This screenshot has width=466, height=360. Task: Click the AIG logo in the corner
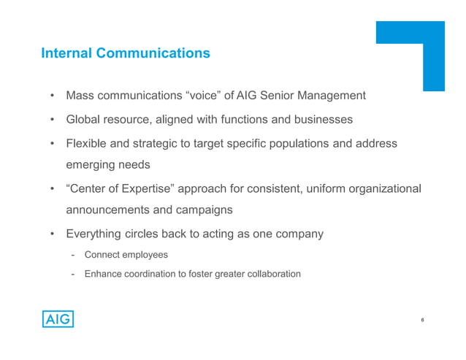57,320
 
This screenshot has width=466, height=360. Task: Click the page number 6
423,320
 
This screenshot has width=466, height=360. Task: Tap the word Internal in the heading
66,53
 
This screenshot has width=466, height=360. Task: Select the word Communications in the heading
153,53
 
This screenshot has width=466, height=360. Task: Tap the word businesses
318,119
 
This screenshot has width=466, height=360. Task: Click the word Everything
95,234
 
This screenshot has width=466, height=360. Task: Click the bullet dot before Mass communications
53,96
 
